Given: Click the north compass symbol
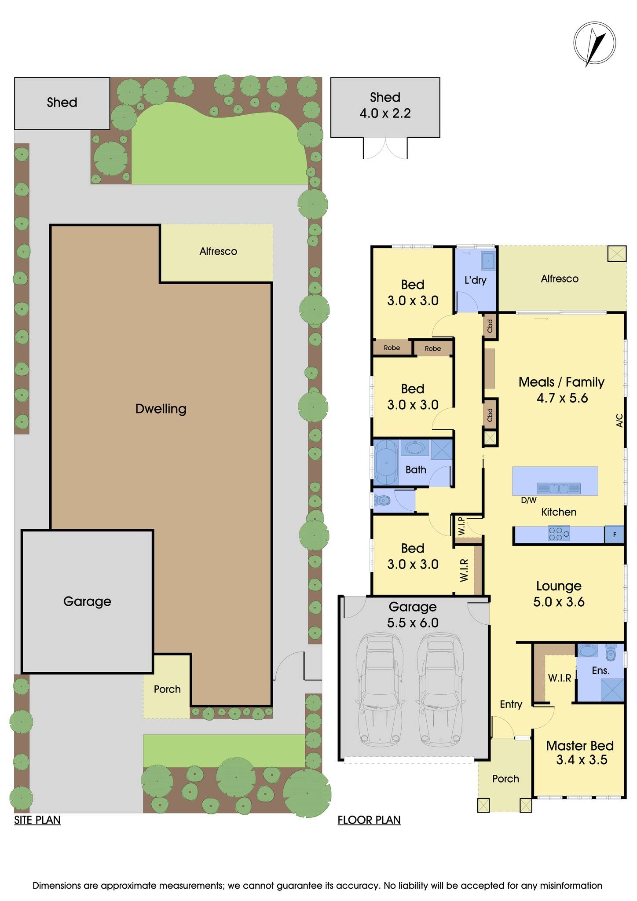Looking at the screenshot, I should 594,44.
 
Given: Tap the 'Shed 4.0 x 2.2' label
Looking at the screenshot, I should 385,106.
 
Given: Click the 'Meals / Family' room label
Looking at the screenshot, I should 561,382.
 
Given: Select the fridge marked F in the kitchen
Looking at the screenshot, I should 615,535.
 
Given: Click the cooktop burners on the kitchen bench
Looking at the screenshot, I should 558,534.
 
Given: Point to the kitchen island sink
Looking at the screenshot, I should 558,488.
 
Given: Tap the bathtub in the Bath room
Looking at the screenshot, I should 386,462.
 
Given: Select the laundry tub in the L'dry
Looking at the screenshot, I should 488,260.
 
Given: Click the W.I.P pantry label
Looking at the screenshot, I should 461,525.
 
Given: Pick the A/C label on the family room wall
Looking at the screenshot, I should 619,420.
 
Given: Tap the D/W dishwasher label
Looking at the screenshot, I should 528,500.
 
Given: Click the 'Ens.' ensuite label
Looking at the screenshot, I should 600,670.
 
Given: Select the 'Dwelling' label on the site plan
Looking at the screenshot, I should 161,409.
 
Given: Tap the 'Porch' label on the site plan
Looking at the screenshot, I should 167,689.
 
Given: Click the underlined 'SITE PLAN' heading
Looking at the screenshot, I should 37,820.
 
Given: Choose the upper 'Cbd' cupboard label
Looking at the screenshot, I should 490,326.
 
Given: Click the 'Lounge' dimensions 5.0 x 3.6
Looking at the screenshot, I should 559,602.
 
